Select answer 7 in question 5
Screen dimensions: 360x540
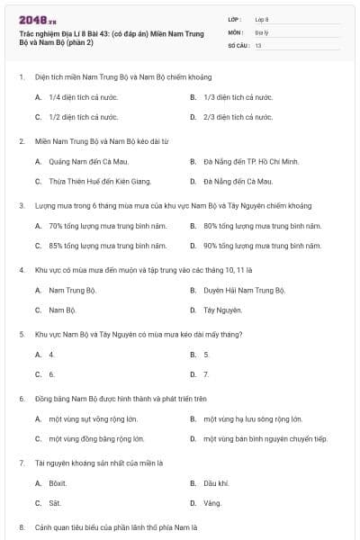(x=206, y=373)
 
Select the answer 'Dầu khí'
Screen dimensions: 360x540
(x=216, y=483)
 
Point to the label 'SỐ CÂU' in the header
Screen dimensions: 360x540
(x=238, y=44)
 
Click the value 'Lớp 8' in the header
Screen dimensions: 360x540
(x=262, y=19)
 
